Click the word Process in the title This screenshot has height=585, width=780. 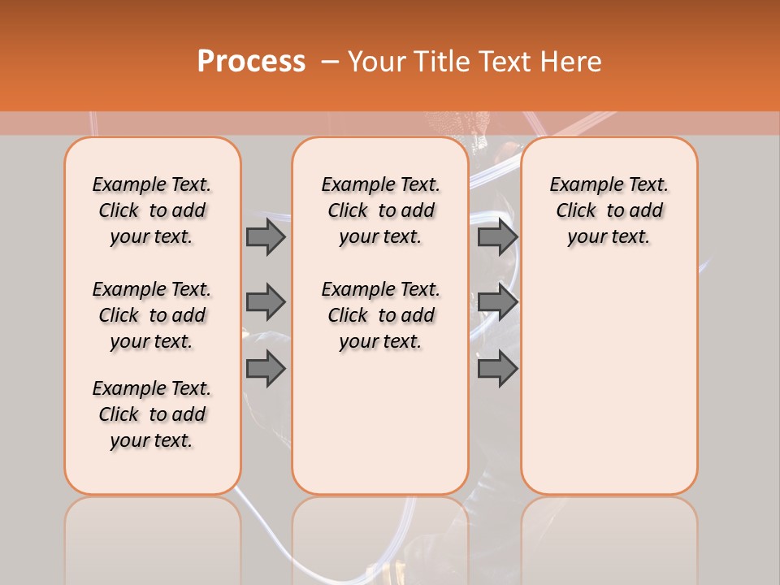(x=251, y=62)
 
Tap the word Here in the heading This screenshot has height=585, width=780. (x=571, y=62)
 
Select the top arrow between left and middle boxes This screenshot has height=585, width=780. (x=266, y=236)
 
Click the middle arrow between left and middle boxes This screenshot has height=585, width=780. (x=266, y=302)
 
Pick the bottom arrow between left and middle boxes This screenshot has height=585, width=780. (x=266, y=369)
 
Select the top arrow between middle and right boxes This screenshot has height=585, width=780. (x=497, y=236)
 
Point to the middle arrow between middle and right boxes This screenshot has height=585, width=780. (x=497, y=302)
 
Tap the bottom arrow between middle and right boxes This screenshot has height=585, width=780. (x=497, y=369)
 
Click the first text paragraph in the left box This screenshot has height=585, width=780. (x=152, y=210)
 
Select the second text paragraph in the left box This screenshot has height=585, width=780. (x=152, y=315)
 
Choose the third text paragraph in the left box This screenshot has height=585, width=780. (x=152, y=414)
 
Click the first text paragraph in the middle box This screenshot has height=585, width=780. (x=380, y=210)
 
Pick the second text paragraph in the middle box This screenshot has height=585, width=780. (x=380, y=315)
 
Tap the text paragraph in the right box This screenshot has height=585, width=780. (x=609, y=210)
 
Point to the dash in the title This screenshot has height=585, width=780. (x=330, y=62)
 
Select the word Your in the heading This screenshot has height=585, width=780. (x=376, y=62)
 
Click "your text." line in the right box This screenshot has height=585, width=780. (x=609, y=237)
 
